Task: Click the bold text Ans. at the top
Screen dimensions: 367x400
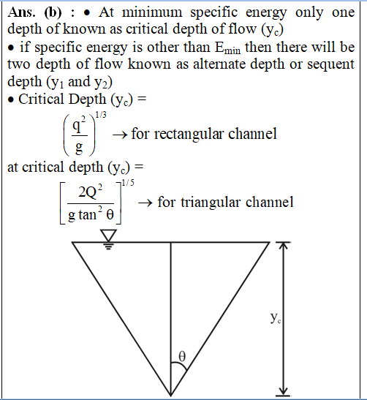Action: coord(21,12)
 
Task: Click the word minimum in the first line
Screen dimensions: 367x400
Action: coord(152,12)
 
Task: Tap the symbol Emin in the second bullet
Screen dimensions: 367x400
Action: coord(227,48)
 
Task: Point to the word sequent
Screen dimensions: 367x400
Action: coord(330,65)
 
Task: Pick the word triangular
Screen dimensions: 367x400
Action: coord(211,203)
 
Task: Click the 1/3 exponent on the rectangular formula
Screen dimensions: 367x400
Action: coord(101,115)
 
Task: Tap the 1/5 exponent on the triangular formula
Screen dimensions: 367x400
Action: coord(128,183)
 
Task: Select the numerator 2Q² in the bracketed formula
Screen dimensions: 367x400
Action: coord(90,192)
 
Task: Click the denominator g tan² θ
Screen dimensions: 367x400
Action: coord(91,214)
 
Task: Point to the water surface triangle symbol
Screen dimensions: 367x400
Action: coord(108,235)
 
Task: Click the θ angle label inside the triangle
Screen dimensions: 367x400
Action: coord(182,356)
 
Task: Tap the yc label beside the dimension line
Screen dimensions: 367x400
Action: coord(276,318)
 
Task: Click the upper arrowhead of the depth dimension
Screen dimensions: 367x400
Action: coord(283,245)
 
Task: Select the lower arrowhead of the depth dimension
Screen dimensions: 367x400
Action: coord(283,391)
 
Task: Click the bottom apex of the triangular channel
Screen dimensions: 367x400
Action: coord(170,396)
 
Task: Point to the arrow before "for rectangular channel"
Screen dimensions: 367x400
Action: coord(120,135)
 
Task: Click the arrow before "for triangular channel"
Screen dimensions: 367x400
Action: coord(145,203)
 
